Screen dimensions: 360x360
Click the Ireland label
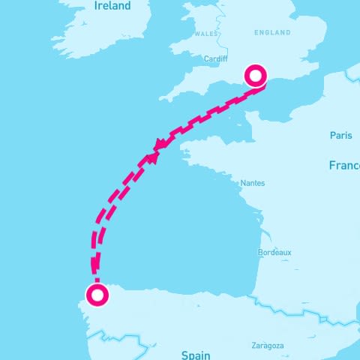[x=112, y=6]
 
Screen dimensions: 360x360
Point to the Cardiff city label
[x=216, y=58]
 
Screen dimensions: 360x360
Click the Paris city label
[x=340, y=135]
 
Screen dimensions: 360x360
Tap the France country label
[x=343, y=165]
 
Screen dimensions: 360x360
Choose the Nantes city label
[x=252, y=183]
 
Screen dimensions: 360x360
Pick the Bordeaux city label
[x=274, y=253]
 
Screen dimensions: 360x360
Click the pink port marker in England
[x=256, y=76]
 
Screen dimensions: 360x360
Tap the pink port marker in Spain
[x=96, y=295]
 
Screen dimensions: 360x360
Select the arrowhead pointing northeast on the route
[x=152, y=157]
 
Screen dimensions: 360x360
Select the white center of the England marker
[x=256, y=76]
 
